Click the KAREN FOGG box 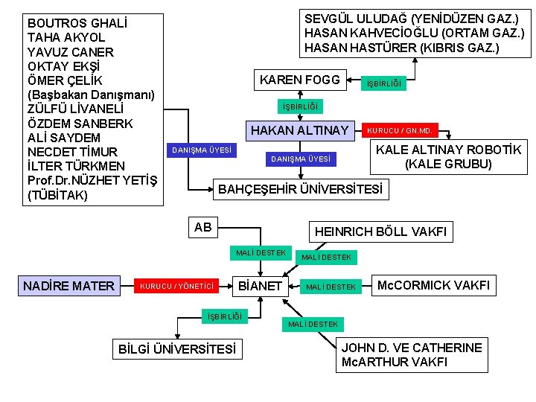pyautogui.click(x=299, y=80)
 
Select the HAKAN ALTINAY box pyautogui.click(x=300, y=131)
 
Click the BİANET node pyautogui.click(x=258, y=285)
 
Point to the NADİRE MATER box pyautogui.click(x=68, y=285)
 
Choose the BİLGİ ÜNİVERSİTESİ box pyautogui.click(x=177, y=348)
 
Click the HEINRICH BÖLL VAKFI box pyautogui.click(x=380, y=232)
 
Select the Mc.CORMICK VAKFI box pyautogui.click(x=433, y=284)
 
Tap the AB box pyautogui.click(x=202, y=227)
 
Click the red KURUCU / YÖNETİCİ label pyautogui.click(x=177, y=286)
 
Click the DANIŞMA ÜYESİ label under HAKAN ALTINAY pyautogui.click(x=301, y=159)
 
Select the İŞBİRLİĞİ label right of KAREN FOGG pyautogui.click(x=383, y=84)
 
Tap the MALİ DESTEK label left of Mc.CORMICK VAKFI pyautogui.click(x=331, y=287)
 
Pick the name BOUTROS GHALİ pyautogui.click(x=77, y=23)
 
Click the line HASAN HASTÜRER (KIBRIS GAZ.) pyautogui.click(x=402, y=48)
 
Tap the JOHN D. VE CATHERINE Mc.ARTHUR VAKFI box pyautogui.click(x=411, y=354)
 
